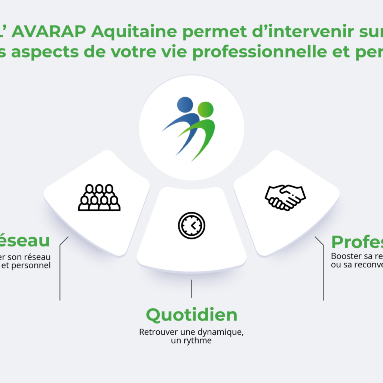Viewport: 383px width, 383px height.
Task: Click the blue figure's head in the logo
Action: click(x=185, y=105)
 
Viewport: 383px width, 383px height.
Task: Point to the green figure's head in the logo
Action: click(x=205, y=109)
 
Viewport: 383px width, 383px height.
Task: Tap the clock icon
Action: click(x=191, y=225)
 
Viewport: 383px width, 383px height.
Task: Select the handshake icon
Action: click(x=285, y=197)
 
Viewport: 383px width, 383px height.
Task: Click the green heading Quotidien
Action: click(x=191, y=315)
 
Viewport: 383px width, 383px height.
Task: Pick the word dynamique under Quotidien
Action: click(x=222, y=332)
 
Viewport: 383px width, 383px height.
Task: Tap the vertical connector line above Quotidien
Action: click(x=191, y=288)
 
